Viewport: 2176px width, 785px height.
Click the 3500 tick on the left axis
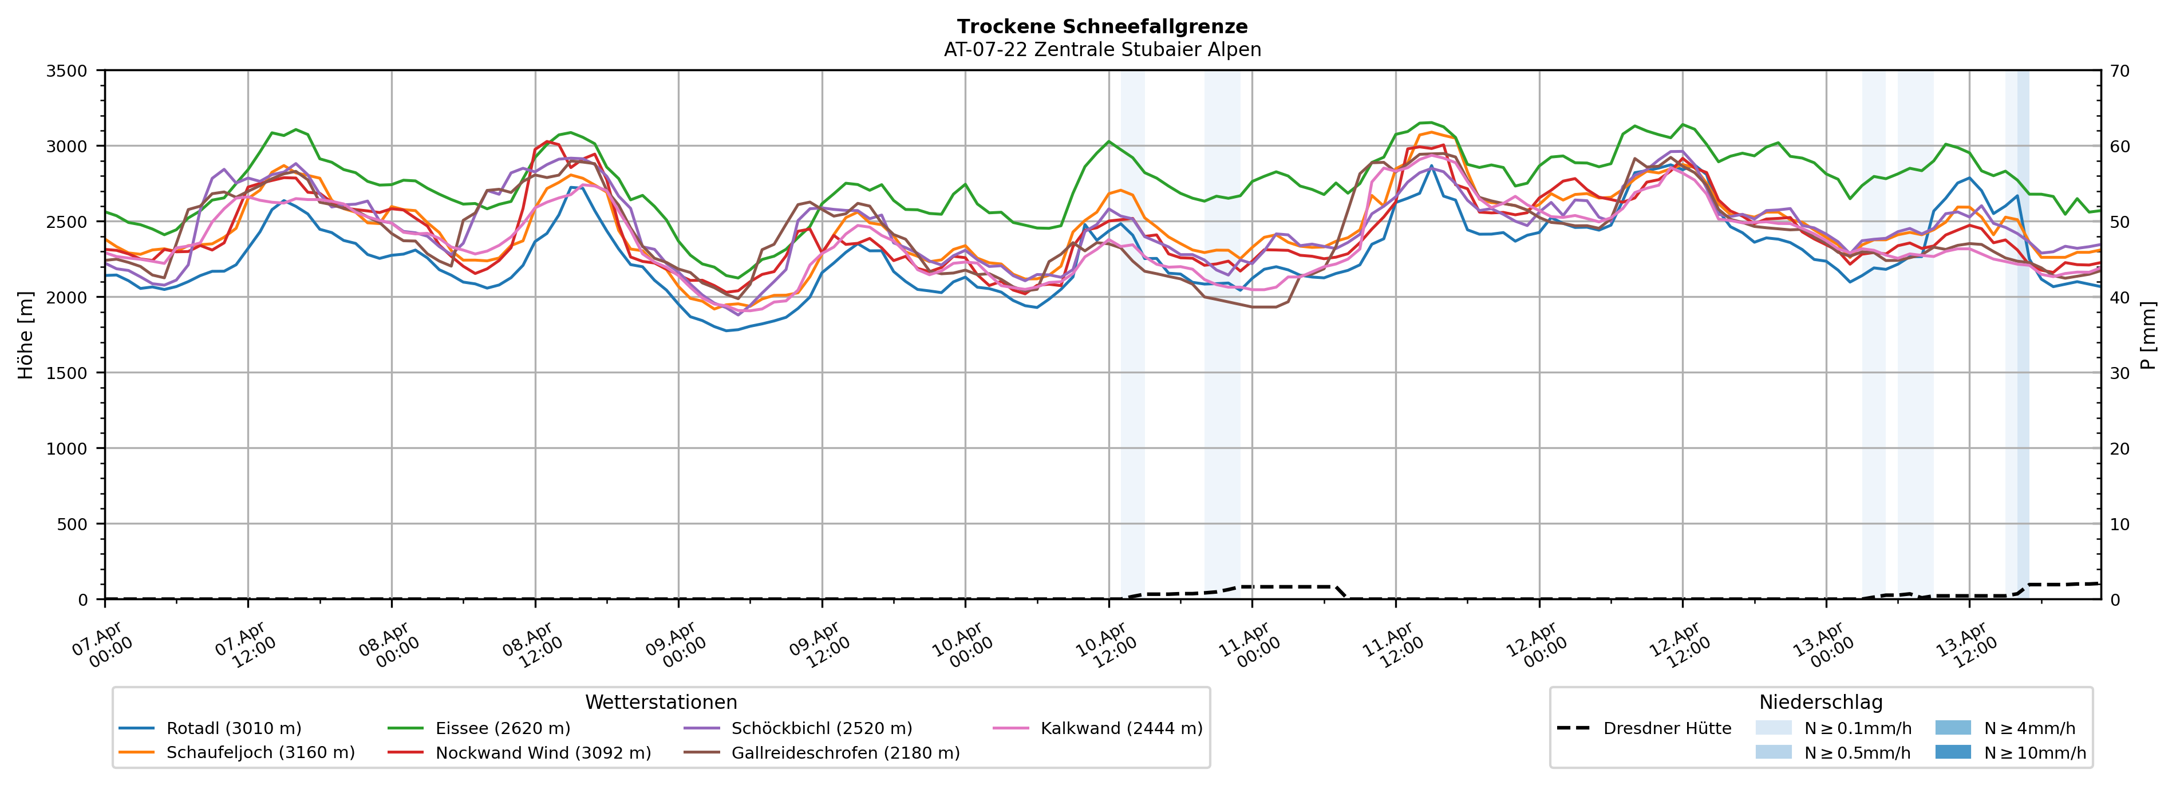[x=67, y=71]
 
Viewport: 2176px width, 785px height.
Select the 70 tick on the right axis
[x=2119, y=71]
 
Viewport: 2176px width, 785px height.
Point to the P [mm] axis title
[x=2148, y=336]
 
